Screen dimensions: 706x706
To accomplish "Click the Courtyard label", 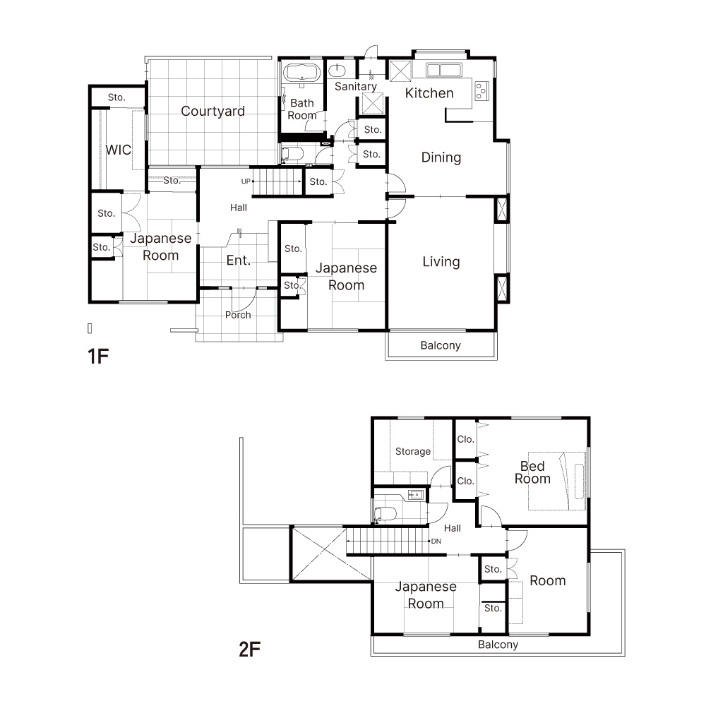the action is click(213, 112).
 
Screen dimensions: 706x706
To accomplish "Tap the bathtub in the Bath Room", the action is click(301, 73).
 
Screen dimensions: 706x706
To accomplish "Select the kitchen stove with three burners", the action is click(481, 91).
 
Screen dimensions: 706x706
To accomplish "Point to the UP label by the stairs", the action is click(246, 181).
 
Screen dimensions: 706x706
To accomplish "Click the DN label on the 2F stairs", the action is click(436, 542).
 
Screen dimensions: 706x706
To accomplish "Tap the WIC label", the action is click(118, 150).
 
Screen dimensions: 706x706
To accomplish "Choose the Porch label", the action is click(238, 315).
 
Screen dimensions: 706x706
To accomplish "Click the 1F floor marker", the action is click(98, 356).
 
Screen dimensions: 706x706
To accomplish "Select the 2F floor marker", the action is click(250, 650).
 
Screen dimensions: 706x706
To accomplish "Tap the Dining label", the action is click(441, 157).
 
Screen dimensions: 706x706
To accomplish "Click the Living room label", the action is click(441, 262).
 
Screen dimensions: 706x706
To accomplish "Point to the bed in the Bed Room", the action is click(557, 481).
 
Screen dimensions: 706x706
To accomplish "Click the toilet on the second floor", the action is click(385, 514).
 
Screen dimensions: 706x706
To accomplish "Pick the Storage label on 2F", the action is click(413, 452).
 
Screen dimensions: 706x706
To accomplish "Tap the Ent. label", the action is click(238, 261).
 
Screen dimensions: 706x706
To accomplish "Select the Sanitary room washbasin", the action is click(336, 71).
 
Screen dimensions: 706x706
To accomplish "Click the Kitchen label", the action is click(429, 93).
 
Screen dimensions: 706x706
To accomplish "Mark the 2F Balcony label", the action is click(498, 645).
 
